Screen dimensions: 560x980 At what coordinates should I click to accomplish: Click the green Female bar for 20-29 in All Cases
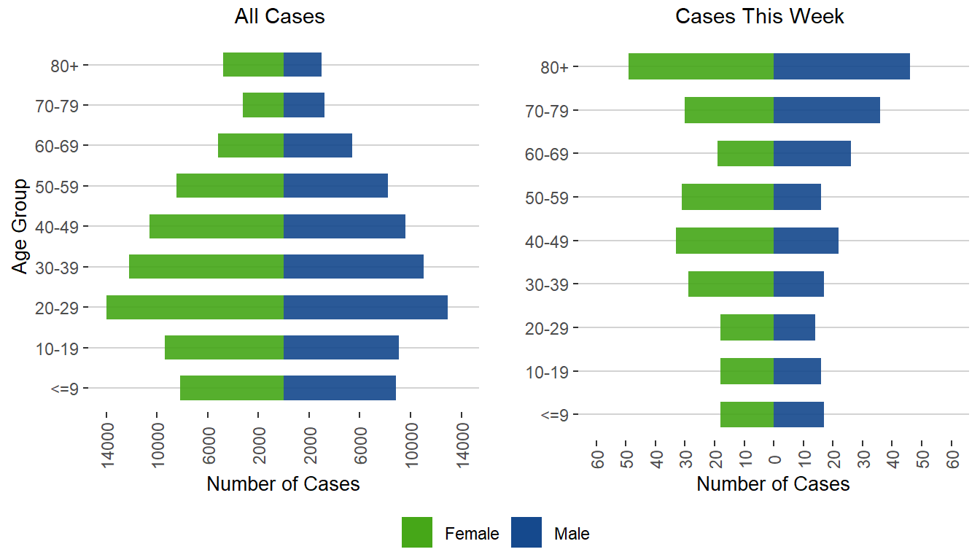[x=195, y=307]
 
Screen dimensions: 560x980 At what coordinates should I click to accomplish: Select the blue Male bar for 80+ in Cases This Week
[x=841, y=66]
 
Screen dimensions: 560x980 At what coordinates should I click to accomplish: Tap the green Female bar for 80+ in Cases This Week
[x=701, y=66]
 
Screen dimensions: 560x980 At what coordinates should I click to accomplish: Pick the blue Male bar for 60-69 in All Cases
[x=318, y=145]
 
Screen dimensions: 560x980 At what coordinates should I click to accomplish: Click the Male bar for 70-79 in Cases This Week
[x=827, y=110]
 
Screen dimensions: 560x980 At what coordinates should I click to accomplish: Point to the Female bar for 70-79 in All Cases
[x=263, y=105]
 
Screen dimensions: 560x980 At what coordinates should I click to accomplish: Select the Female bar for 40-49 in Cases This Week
[x=725, y=241]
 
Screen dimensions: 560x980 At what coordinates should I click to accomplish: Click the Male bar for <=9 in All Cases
[x=340, y=388]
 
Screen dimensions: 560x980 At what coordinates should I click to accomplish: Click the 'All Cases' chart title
[x=279, y=17]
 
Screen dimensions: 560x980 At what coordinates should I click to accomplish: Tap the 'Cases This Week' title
[x=760, y=17]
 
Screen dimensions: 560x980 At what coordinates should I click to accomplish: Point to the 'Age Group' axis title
[x=20, y=226]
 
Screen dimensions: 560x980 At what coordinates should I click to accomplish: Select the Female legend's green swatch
[x=417, y=532]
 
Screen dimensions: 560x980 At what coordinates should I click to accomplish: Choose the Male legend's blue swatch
[x=526, y=532]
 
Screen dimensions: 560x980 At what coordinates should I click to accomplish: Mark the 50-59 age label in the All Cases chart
[x=61, y=186]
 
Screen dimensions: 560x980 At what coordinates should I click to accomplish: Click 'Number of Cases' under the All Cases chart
[x=283, y=484]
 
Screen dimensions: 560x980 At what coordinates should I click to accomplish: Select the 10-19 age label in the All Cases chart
[x=61, y=348]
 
